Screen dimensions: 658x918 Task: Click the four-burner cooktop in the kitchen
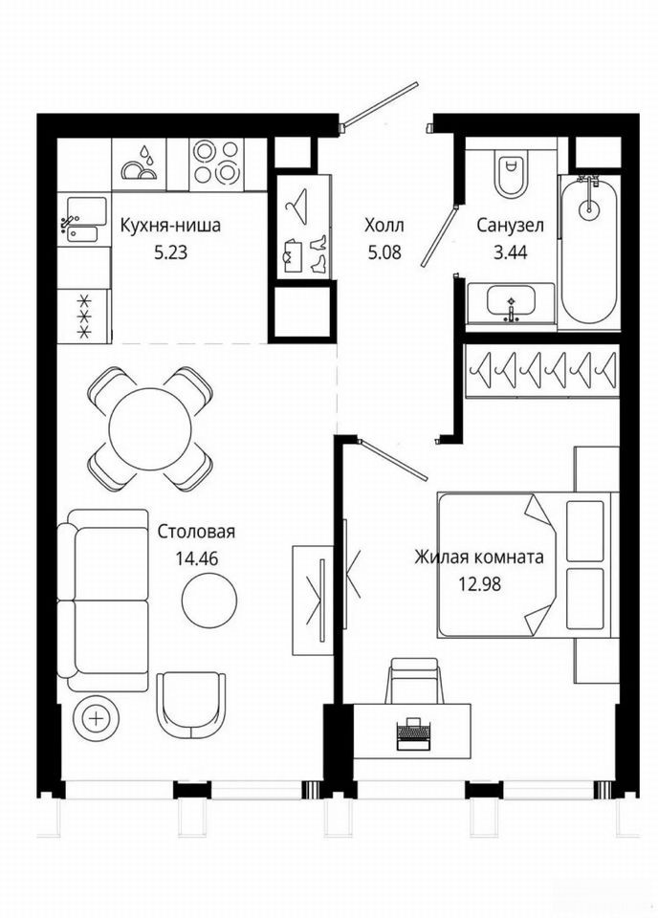[216, 164]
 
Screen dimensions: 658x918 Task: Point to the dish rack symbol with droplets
[140, 164]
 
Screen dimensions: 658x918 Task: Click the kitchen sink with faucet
[84, 220]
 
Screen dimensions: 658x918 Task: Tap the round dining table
[150, 428]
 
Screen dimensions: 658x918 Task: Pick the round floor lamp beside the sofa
[97, 718]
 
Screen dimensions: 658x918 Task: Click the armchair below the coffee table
[191, 705]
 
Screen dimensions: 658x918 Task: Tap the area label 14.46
[196, 558]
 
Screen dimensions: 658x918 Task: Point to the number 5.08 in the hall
[384, 252]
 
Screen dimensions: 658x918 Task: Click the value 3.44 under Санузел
[510, 252]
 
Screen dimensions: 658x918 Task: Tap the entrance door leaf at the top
[381, 103]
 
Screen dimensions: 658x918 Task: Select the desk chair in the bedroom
[414, 680]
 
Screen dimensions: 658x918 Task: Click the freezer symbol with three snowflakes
[85, 317]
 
